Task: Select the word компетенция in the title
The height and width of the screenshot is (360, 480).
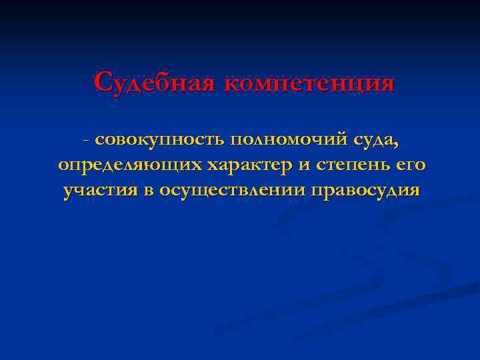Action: point(309,84)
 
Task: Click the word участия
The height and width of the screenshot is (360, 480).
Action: point(99,191)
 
